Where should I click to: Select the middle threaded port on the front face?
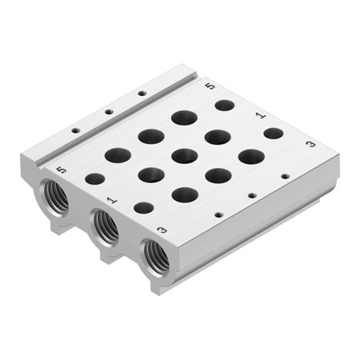[106, 226]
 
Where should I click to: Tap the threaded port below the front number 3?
[155, 255]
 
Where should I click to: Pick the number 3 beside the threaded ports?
[162, 230]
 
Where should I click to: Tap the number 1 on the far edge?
[259, 114]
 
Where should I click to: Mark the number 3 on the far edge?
[310, 145]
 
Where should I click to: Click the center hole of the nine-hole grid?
[184, 156]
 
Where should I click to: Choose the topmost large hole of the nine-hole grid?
[184, 118]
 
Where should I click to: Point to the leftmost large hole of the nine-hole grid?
[118, 154]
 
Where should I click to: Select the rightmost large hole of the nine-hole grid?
[251, 156]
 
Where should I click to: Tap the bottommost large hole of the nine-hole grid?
[185, 194]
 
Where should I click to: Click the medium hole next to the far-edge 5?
[225, 105]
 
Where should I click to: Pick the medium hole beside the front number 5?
[95, 178]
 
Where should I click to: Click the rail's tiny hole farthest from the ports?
[142, 93]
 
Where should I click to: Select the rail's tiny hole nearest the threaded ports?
[75, 130]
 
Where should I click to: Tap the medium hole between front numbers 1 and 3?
[143, 208]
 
